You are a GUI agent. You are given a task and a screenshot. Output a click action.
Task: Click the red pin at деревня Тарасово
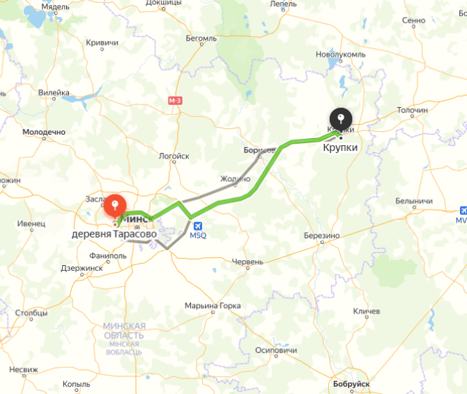coord(115,206)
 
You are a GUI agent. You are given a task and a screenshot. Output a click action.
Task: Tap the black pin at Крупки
coord(340,118)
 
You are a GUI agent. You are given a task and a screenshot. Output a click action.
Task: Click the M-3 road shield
coord(175,101)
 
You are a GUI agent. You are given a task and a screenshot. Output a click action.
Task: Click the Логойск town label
coord(174,156)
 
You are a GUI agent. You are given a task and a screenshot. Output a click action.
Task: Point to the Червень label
coord(247,262)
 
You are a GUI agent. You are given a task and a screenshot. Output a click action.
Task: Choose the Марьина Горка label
coord(212,306)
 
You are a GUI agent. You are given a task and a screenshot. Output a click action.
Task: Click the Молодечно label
coord(44,132)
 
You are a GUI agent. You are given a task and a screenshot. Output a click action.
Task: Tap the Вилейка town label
coord(54,92)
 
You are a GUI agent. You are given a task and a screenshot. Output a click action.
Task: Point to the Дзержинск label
coord(82,268)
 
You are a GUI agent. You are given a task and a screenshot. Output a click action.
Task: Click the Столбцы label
coord(31,312)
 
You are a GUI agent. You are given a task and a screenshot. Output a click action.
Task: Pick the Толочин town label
coord(412,111)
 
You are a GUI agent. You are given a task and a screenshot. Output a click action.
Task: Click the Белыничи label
coord(413,201)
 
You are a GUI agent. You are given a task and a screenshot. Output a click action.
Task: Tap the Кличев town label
coord(366,311)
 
